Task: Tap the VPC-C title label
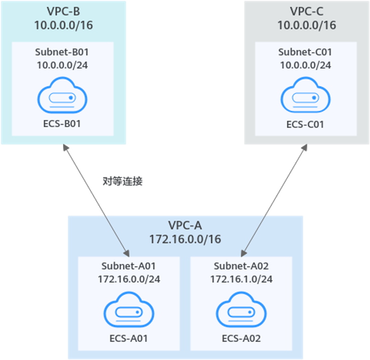pyautogui.click(x=306, y=11)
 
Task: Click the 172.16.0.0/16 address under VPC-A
pyautogui.click(x=185, y=239)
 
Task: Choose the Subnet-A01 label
pyautogui.click(x=129, y=265)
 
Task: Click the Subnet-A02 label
pyautogui.click(x=241, y=265)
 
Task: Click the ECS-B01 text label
pyautogui.click(x=62, y=124)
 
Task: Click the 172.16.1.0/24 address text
pyautogui.click(x=241, y=279)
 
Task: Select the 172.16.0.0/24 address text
pyautogui.click(x=129, y=279)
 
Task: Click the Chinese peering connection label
pyautogui.click(x=122, y=181)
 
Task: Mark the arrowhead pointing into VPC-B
pyautogui.click(x=65, y=148)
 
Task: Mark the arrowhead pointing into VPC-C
pyautogui.click(x=304, y=148)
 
